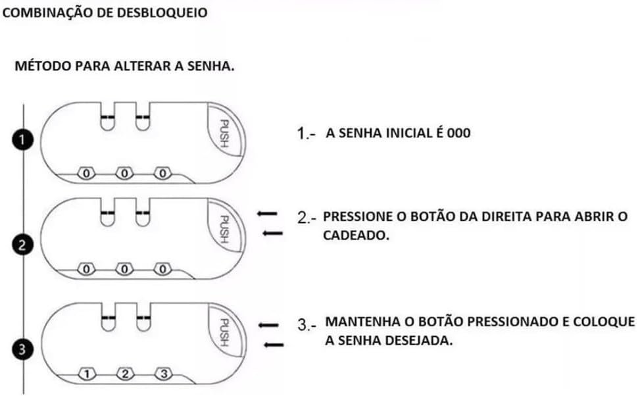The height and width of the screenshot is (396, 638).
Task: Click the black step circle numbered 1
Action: pos(24,139)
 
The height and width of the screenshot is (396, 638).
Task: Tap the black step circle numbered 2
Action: pos(24,246)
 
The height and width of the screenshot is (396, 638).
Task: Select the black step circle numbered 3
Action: pos(24,350)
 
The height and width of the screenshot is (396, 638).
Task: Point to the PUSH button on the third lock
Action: pos(224,332)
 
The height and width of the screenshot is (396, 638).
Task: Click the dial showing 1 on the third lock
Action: pos(87,374)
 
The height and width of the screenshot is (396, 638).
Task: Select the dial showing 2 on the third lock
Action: pos(125,374)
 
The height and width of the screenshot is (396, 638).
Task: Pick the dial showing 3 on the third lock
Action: pos(163,374)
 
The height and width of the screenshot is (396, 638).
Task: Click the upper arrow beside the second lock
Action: pos(266,214)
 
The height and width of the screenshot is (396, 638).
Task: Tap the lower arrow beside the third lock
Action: pos(273,344)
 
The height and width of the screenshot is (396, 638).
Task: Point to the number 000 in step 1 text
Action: pos(459,133)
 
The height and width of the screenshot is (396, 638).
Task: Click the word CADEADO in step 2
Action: pos(356,235)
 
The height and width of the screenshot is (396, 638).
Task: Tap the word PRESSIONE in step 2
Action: pos(358,216)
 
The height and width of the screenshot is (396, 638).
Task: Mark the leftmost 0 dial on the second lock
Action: pos(86,268)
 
